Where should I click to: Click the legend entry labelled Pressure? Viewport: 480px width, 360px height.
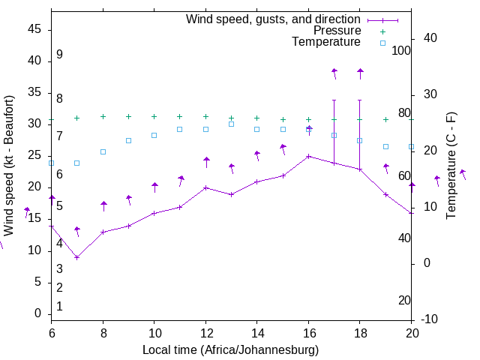(337, 31)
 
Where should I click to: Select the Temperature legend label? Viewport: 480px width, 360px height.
(325, 42)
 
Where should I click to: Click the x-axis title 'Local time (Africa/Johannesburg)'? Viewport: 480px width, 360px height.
(231, 350)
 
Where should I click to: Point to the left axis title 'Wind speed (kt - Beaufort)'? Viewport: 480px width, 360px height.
(10, 162)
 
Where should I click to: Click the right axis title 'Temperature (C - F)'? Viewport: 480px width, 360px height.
(451, 166)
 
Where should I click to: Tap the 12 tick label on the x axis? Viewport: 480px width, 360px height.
(205, 332)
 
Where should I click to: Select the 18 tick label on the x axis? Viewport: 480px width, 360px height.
(360, 332)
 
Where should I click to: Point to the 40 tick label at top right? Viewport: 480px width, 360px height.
(430, 38)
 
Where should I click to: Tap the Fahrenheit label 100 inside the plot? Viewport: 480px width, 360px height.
(401, 50)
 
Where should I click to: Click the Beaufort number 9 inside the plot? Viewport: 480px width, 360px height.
(59, 55)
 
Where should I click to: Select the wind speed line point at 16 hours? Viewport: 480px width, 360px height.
(308, 156)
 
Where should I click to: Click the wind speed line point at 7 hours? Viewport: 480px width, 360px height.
(77, 257)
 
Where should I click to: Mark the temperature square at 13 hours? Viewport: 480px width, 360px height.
(231, 124)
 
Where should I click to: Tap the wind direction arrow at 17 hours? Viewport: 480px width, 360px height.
(334, 73)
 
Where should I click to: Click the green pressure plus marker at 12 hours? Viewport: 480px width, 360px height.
(205, 116)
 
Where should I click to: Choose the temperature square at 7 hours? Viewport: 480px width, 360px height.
(77, 163)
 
